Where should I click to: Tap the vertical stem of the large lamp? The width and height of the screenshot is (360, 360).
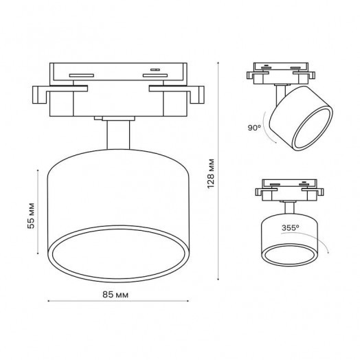(x=117, y=134)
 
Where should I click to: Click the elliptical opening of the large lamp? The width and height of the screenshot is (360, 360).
(x=117, y=254)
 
